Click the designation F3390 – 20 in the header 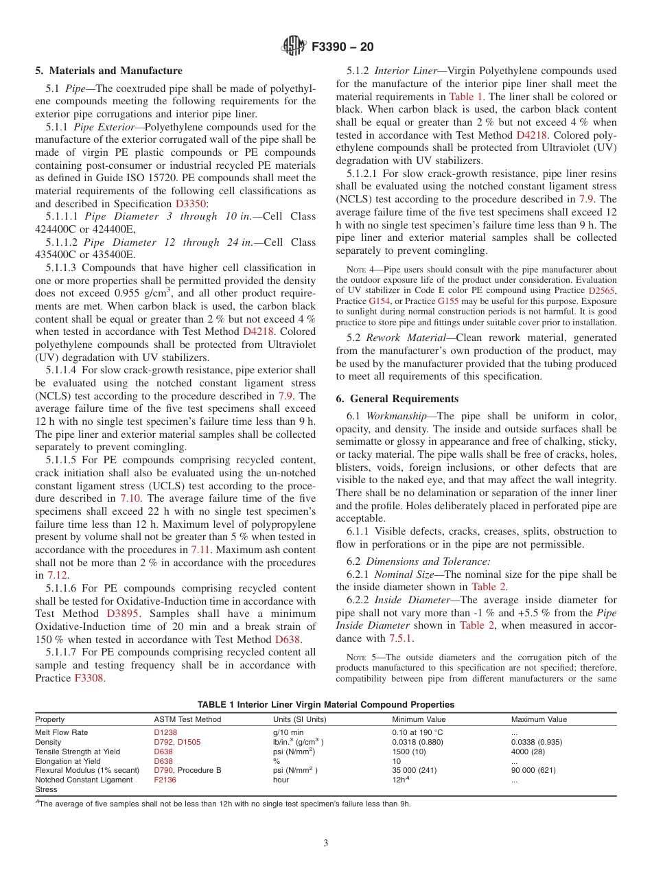[342, 47]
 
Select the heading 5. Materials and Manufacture [108, 71]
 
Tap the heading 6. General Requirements [397, 399]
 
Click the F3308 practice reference [89, 678]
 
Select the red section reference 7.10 [131, 498]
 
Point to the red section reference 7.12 [57, 575]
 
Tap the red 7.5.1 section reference [401, 638]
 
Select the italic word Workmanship [399, 416]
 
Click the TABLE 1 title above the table [325, 704]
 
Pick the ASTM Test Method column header [187, 719]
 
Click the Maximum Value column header [539, 719]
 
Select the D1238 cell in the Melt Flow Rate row [165, 733]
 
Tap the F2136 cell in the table [165, 780]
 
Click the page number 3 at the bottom [326, 843]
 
